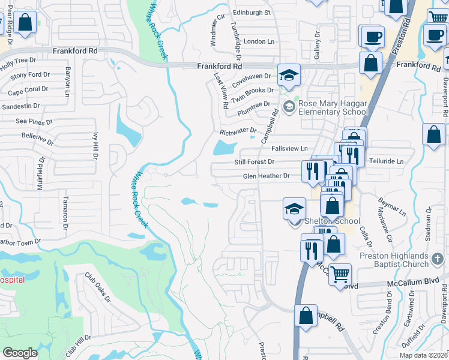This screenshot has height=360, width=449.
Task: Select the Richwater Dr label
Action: (x=238, y=131)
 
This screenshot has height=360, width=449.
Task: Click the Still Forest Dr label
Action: (x=253, y=162)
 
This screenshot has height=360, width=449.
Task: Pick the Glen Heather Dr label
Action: (x=266, y=176)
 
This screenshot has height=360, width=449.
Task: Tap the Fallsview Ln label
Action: (x=289, y=149)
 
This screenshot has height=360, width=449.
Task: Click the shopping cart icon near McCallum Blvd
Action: (x=340, y=274)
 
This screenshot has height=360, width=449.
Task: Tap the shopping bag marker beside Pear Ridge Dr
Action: (x=25, y=23)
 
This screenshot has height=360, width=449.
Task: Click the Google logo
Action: (x=20, y=353)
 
